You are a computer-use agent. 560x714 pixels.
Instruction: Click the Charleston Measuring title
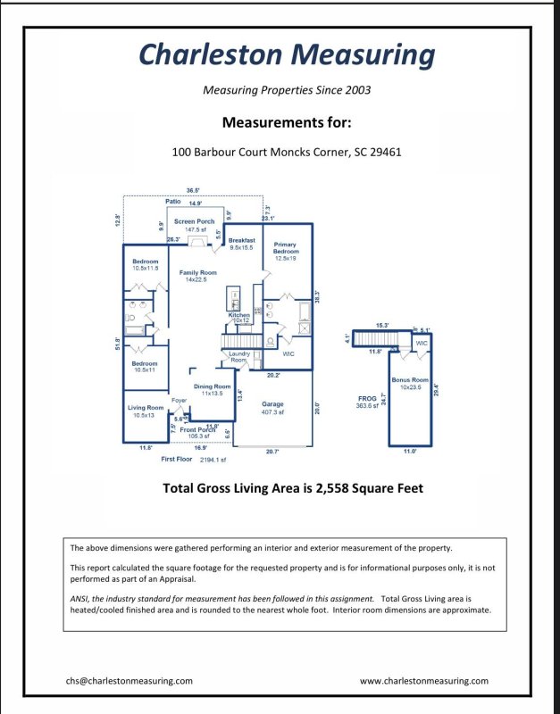coord(287,55)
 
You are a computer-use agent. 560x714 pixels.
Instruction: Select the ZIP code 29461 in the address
coord(386,152)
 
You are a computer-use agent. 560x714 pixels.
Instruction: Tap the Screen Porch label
coord(194,221)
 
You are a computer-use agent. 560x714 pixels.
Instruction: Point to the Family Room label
coord(197,273)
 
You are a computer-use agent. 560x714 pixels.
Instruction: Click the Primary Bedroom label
coord(286,248)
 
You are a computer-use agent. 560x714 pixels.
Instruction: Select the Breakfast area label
coord(242,241)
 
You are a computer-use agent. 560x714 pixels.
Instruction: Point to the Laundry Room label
coord(239,356)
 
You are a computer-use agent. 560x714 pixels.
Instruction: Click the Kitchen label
coord(238,315)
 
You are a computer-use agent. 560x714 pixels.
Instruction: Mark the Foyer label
coord(179,401)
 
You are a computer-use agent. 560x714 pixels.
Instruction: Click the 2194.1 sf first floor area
coord(213,460)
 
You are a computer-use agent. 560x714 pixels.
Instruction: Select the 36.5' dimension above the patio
coord(193,190)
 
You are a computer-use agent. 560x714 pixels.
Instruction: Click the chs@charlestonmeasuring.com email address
coord(129,680)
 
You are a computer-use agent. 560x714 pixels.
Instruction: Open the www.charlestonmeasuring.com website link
coord(423,680)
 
